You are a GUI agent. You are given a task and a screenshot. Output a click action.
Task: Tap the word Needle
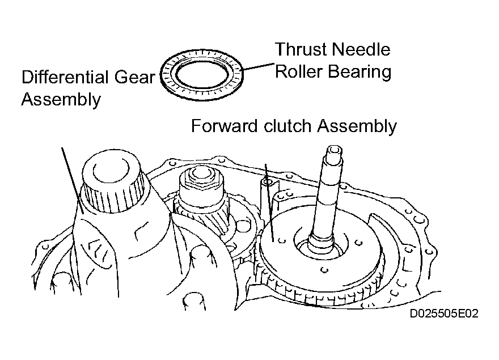pos(361,49)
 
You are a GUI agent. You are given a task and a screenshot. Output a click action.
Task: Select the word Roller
pos(299,71)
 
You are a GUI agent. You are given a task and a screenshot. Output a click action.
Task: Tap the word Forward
pos(225,126)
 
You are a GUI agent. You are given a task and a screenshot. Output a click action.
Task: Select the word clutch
pos(287,126)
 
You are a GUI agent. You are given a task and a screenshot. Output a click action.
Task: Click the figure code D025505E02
pos(444,314)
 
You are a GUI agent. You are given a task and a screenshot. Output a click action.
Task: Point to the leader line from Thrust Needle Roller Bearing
pos(258,66)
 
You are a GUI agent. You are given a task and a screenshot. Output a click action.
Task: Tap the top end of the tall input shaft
pos(335,150)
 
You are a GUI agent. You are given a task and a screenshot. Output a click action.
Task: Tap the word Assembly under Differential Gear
pos(61,100)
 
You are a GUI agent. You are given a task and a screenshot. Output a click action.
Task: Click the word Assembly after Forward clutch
pos(357,126)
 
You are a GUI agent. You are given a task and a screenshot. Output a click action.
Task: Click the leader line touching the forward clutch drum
pos(269,202)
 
